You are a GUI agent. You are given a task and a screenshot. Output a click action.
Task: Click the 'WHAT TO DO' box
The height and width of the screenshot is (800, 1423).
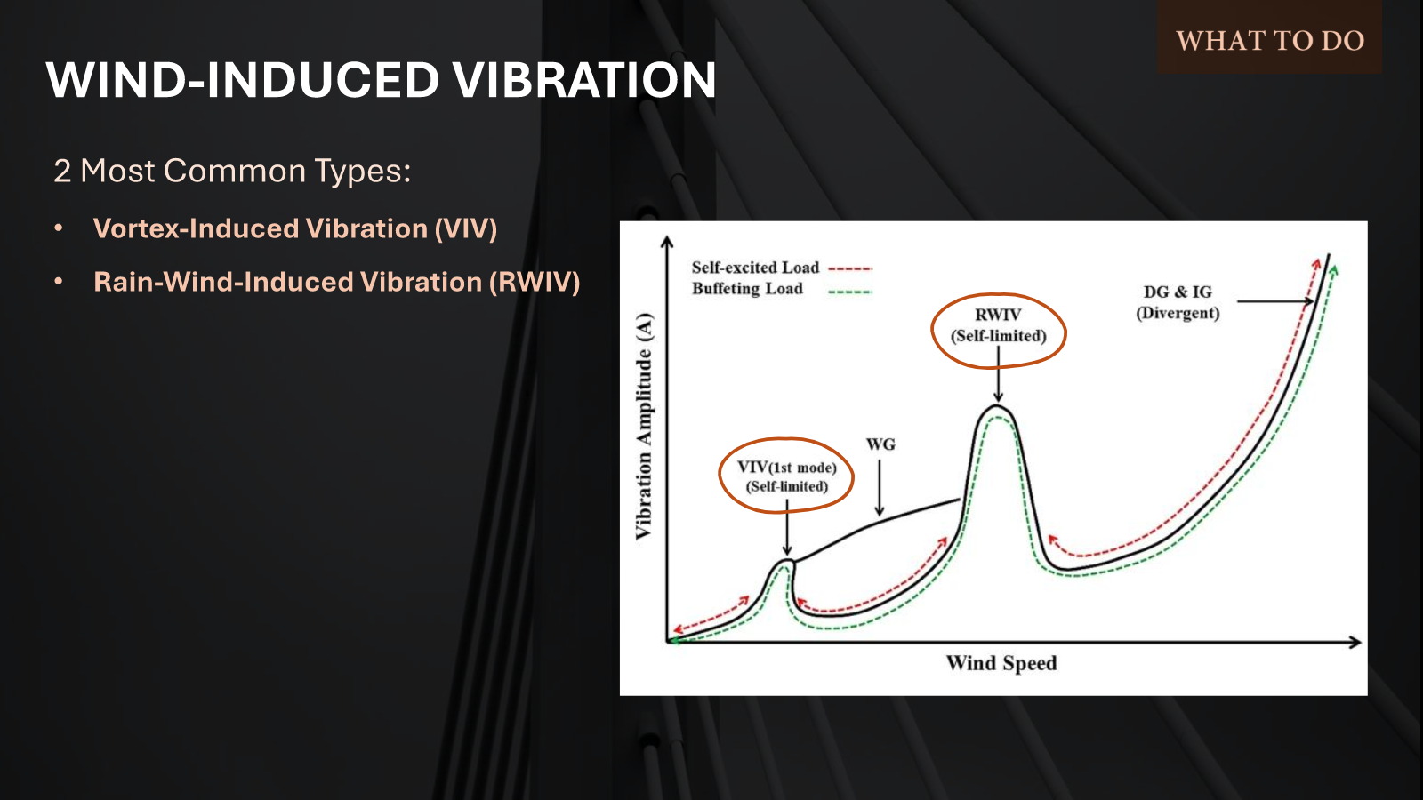1269,40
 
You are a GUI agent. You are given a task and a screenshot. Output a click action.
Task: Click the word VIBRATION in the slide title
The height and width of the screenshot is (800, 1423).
583,80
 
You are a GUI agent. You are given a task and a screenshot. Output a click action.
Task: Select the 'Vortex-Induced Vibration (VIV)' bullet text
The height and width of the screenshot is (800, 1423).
294,228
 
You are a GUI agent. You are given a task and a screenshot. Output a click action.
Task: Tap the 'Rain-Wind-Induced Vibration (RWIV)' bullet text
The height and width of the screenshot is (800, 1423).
336,282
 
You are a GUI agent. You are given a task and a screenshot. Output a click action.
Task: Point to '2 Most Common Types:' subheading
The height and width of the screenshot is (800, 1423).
232,171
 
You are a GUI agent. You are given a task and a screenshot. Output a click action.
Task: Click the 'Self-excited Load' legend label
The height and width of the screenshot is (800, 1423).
755,268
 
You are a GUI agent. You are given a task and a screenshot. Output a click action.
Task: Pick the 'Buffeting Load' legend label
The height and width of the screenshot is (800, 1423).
747,289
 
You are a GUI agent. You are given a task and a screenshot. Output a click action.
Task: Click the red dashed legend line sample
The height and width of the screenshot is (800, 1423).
850,268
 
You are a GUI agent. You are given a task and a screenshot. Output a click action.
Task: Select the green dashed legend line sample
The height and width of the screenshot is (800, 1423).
850,291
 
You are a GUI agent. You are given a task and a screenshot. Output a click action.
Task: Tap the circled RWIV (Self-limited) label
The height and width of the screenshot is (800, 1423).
998,325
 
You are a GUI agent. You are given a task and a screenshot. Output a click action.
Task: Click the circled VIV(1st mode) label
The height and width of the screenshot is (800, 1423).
787,476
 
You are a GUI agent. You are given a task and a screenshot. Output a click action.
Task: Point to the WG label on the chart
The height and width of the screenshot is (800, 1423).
880,444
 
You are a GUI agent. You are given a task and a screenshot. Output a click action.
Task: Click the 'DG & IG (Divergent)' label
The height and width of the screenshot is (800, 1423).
1178,302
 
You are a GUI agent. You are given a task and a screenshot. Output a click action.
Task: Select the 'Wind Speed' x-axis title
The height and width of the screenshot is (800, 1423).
1001,663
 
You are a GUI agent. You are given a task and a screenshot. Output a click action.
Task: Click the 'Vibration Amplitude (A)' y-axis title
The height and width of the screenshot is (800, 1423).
644,427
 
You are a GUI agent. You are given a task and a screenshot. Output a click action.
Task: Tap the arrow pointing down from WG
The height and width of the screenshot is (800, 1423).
880,489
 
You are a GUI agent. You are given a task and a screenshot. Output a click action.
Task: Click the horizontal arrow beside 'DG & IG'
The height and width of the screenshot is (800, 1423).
1274,301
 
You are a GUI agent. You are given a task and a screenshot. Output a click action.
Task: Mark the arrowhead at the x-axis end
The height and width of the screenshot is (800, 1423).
1356,642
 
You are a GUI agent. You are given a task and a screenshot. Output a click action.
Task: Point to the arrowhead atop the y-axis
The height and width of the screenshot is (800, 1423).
667,241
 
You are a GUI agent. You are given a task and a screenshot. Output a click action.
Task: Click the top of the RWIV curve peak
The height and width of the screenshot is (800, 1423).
998,406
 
